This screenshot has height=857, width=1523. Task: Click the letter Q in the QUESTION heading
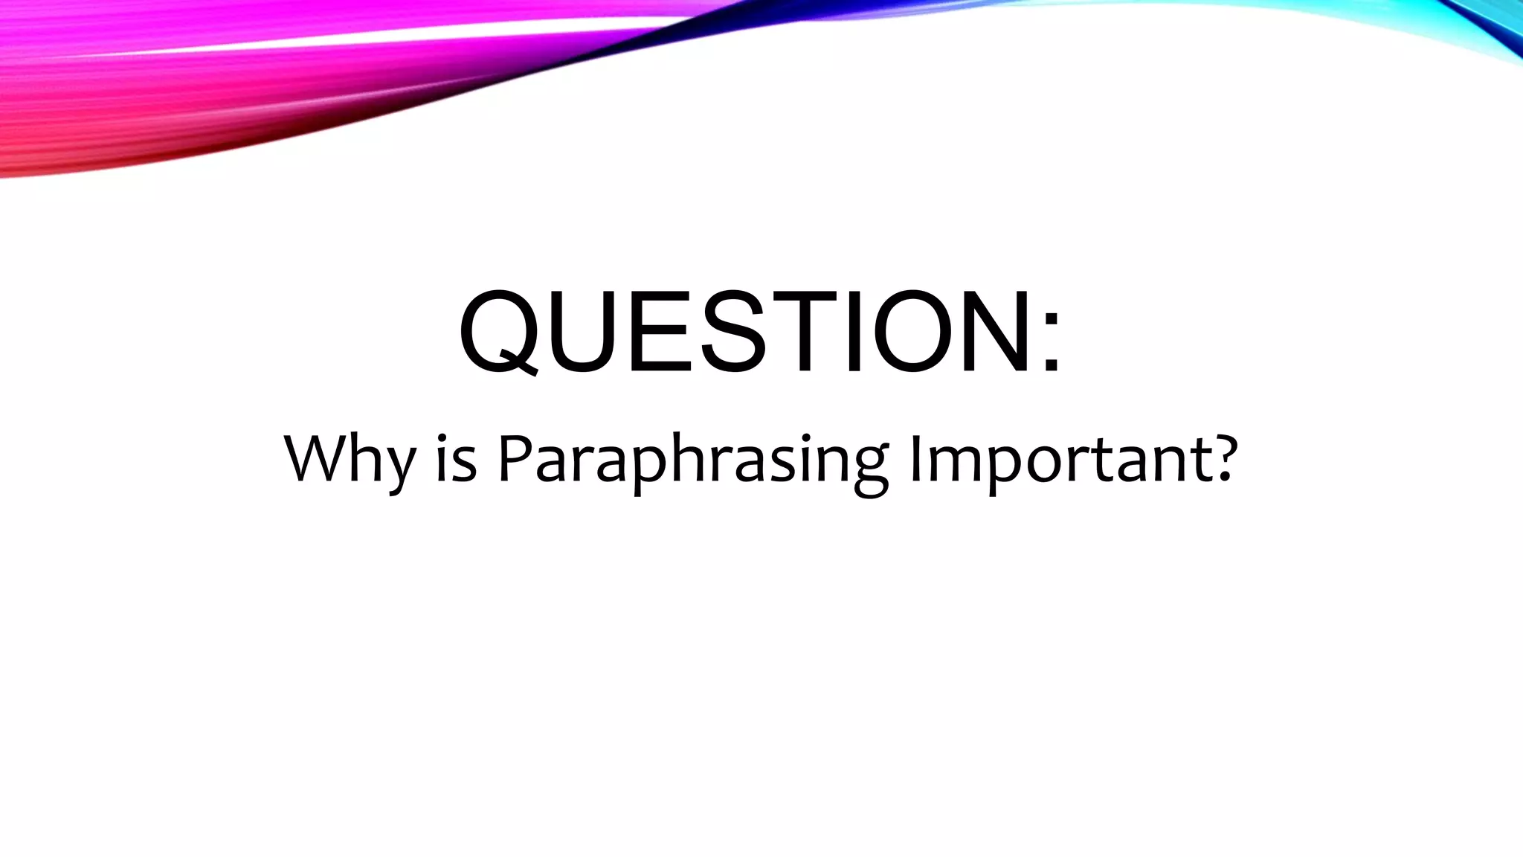point(499,332)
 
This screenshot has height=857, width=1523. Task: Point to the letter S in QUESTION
point(724,330)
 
